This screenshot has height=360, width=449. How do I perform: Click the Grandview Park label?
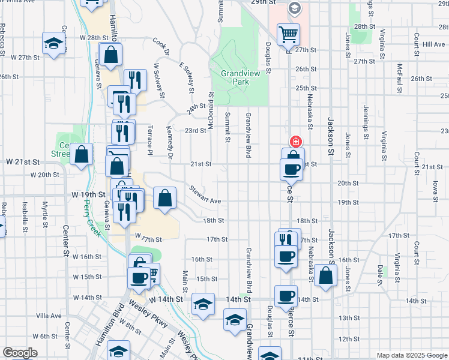coord(240,77)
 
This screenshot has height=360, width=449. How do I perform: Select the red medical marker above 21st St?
coord(295,142)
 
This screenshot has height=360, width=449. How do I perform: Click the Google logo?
coord(20,353)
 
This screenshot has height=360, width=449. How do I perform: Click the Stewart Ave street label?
coord(205,196)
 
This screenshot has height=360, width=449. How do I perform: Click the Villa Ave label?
coord(49,316)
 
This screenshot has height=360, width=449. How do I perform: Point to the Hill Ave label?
coord(433,44)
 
